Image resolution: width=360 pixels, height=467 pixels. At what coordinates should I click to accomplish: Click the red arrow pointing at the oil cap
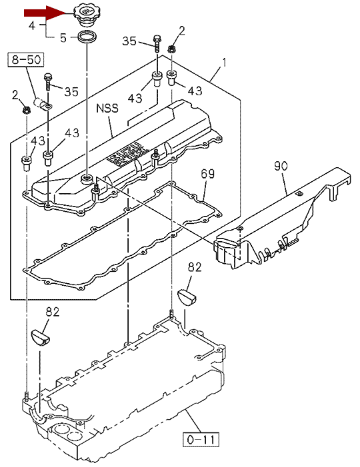tap(45, 13)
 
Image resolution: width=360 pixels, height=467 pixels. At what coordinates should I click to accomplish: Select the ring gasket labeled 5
tap(87, 37)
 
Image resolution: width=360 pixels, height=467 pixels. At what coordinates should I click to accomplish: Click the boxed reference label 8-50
tap(26, 59)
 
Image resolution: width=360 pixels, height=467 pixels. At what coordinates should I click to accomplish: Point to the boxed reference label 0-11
tap(201, 440)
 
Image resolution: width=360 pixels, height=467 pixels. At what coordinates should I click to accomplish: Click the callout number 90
tap(281, 166)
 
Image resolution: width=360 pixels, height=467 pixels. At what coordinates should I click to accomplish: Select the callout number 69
tap(207, 174)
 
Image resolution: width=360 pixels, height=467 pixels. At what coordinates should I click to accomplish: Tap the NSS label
tap(107, 108)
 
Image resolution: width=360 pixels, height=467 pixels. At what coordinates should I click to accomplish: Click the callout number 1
tap(225, 63)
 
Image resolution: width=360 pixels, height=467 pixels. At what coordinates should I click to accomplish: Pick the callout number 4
tap(32, 25)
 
